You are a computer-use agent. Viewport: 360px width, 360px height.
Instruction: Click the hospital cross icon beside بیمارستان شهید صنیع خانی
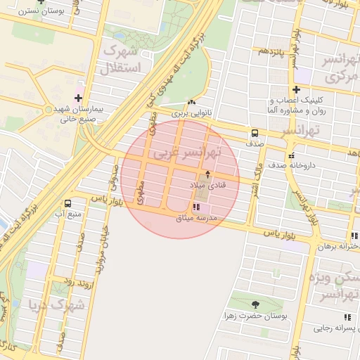[77, 98]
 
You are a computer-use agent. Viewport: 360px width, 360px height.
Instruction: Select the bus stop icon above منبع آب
[67, 202]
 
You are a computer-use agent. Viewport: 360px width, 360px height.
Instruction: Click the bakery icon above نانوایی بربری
[192, 102]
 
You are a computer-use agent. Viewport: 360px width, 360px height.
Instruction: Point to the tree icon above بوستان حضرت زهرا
[255, 304]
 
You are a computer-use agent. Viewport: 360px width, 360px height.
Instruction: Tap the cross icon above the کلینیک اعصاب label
[297, 89]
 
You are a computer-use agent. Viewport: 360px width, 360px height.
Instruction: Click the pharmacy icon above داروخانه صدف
[290, 155]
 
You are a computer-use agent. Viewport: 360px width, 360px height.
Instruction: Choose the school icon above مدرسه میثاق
[196, 207]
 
